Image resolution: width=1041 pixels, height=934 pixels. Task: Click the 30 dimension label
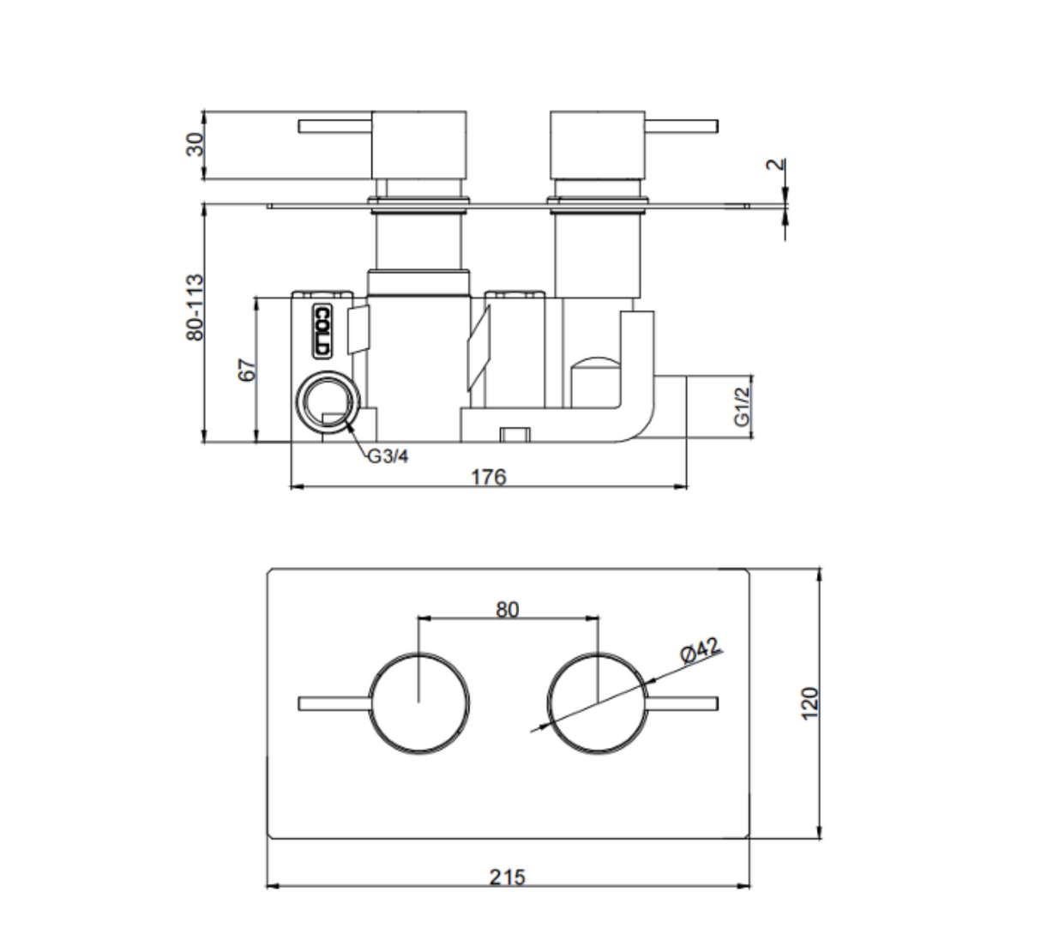point(196,144)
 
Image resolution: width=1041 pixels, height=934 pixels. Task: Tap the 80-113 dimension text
point(195,307)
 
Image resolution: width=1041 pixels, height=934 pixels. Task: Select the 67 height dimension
point(247,371)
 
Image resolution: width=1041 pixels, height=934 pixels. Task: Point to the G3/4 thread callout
point(388,456)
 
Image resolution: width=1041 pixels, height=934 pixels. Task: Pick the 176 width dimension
point(489,477)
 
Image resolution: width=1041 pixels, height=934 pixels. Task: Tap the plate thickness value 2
point(775,165)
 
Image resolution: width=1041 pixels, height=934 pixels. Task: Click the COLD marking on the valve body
point(322,330)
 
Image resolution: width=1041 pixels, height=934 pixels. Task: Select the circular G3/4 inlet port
point(328,402)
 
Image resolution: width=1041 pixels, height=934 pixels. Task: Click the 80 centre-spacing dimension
point(507,610)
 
